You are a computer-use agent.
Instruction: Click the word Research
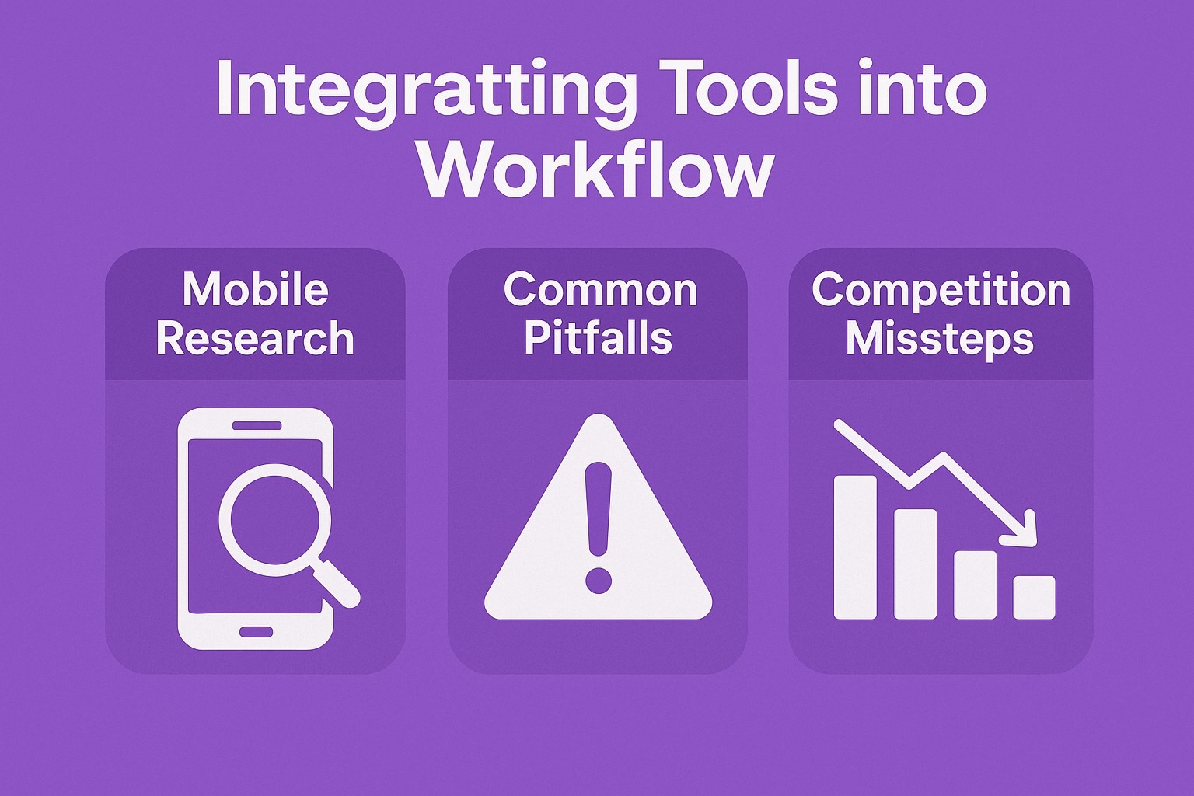(255, 339)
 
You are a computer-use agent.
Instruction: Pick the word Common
(600, 291)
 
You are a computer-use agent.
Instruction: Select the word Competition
(941, 291)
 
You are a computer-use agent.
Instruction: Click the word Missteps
(940, 340)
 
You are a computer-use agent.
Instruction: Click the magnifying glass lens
(274, 520)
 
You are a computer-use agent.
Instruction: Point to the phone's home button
(256, 632)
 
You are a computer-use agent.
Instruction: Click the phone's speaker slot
(257, 425)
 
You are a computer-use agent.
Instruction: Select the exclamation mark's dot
(598, 580)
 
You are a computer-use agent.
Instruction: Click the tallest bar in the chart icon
(855, 547)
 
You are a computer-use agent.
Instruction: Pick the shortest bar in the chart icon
(1034, 598)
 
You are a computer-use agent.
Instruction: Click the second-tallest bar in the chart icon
(915, 564)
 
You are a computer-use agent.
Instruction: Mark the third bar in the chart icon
(975, 585)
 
